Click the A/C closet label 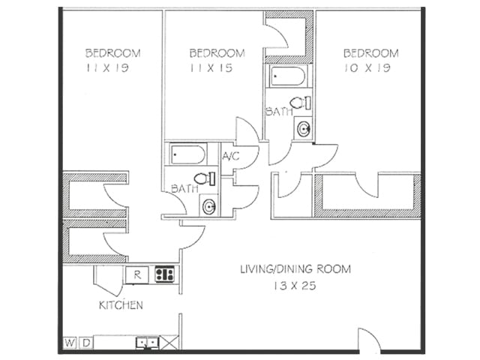230,157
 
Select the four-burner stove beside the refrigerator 165,274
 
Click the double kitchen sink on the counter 147,343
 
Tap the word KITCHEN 121,305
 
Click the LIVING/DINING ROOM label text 295,268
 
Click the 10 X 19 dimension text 370,67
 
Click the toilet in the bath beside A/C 205,178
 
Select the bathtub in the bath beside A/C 187,154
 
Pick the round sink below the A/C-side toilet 208,205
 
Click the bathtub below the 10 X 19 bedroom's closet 288,76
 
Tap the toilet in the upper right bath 301,103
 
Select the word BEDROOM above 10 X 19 370,52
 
